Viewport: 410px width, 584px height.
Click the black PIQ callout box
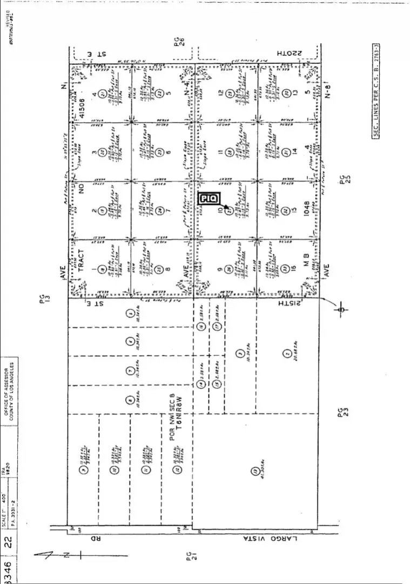click(x=209, y=199)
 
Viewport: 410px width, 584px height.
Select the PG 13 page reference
click(x=44, y=300)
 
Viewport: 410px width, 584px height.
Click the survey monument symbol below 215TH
click(x=341, y=310)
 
